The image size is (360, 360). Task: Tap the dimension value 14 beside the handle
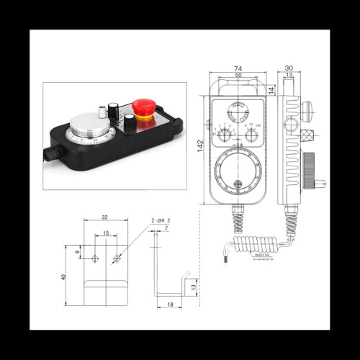(270, 90)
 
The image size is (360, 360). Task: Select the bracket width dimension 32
(106, 216)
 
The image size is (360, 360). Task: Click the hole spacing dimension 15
(106, 233)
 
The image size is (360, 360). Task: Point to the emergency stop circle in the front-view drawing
(238, 112)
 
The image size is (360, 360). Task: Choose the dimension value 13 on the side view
(288, 74)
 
